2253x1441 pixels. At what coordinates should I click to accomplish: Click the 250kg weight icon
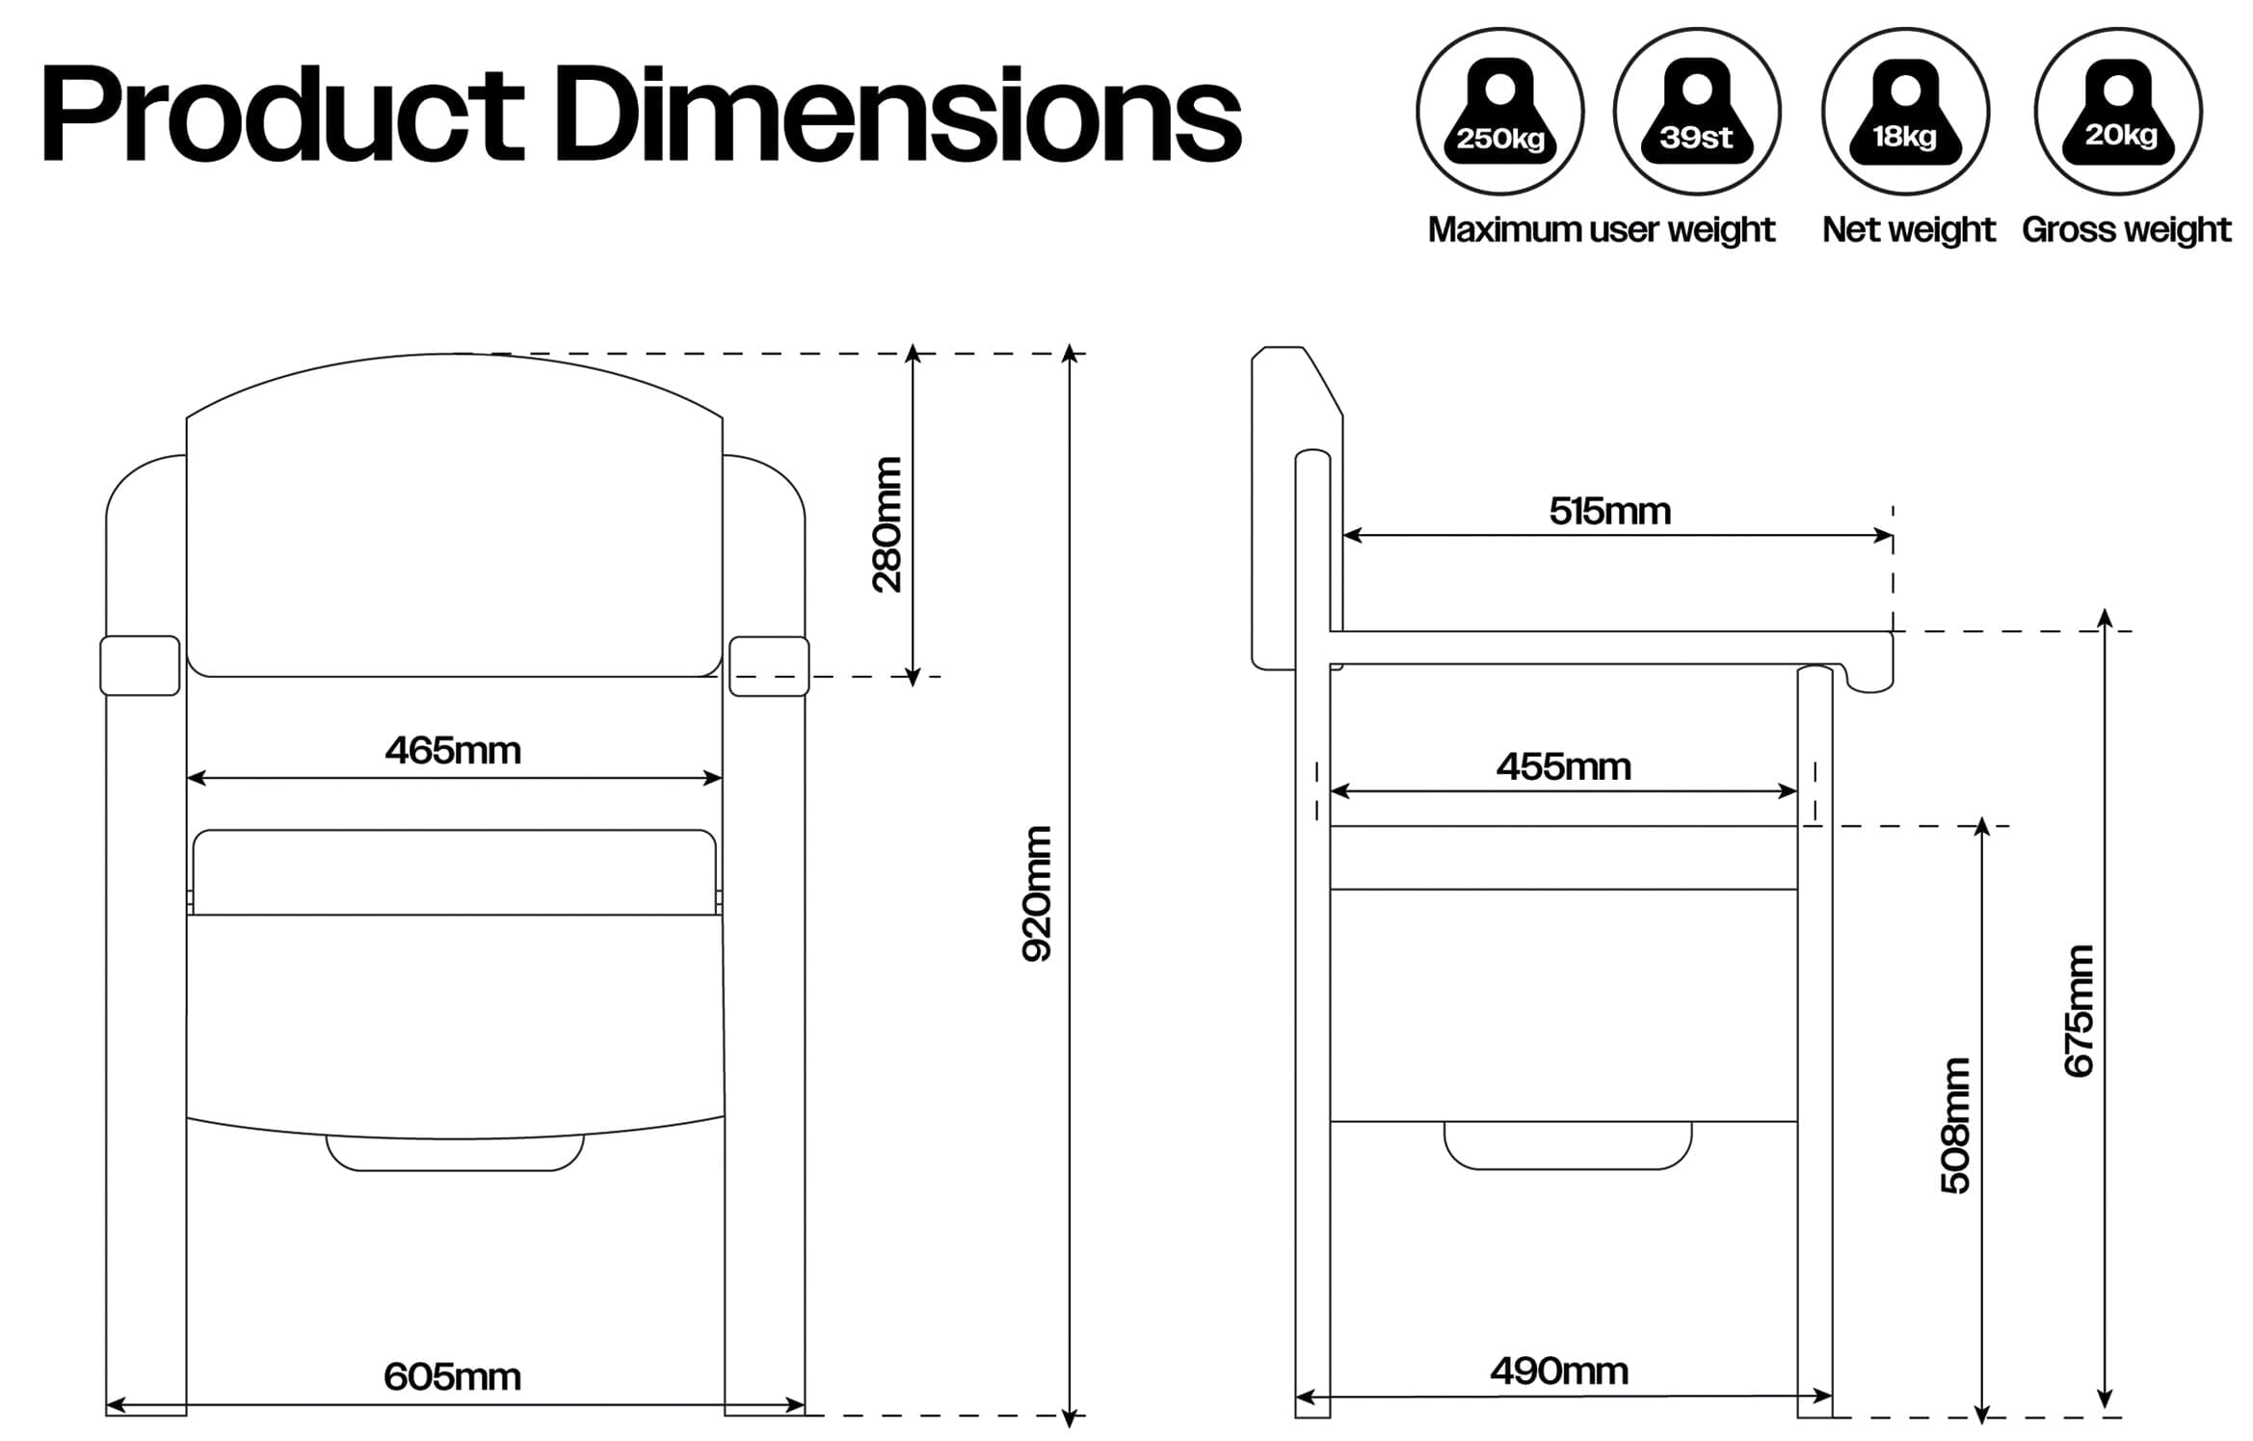(x=1499, y=112)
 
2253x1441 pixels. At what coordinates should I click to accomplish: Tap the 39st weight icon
(x=1696, y=112)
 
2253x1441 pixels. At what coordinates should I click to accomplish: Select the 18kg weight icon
(x=1905, y=112)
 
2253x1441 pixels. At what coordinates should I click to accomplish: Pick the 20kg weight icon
(x=2118, y=112)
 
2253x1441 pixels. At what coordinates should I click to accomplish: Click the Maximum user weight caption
(x=1601, y=229)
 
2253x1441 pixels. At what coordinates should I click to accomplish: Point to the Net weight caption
(x=1908, y=229)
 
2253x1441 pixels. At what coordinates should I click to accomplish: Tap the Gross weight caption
(x=2126, y=229)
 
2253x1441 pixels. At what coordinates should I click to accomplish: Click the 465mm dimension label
(x=453, y=751)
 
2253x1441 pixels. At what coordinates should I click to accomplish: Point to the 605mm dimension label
(x=452, y=1376)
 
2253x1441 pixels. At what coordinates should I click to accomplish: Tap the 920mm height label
(x=1037, y=894)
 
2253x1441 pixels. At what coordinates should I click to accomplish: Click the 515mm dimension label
(x=1609, y=511)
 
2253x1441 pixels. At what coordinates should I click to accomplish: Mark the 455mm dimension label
(x=1563, y=767)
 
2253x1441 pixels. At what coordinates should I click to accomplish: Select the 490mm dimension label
(x=1559, y=1371)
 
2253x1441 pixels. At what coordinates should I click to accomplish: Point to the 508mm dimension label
(x=1956, y=1126)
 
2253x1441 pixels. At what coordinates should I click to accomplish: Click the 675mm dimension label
(x=2079, y=1010)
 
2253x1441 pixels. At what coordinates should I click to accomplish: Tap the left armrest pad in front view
(x=140, y=665)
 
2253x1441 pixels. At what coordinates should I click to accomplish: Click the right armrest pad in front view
(x=768, y=666)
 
